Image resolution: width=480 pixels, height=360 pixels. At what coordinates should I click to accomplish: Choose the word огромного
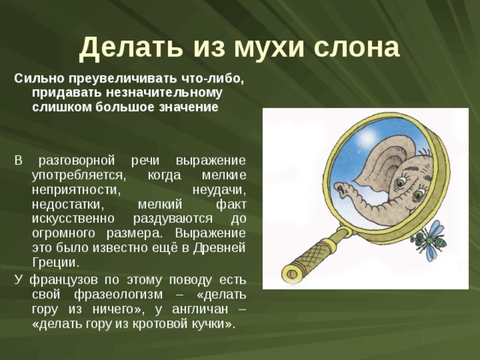click(63, 232)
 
